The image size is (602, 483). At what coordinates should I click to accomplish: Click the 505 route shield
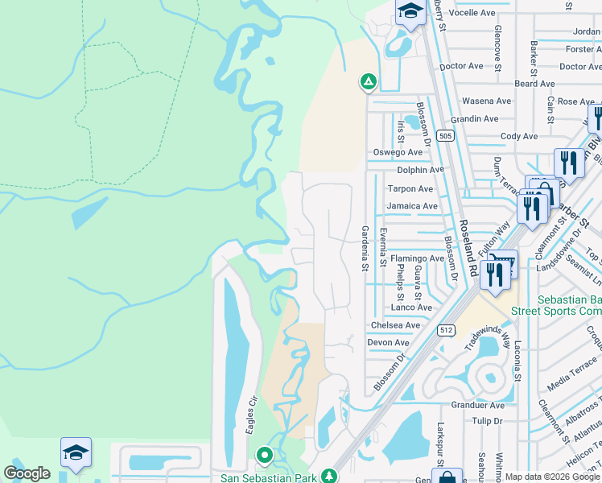pos(445,136)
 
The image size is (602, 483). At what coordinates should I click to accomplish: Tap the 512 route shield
pos(447,330)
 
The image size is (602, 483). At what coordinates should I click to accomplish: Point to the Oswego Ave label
pos(397,152)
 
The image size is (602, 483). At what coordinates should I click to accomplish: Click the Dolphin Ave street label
pos(420,170)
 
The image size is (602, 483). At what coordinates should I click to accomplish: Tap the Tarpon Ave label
pos(410,189)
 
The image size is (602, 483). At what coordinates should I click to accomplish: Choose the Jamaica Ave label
pos(411,206)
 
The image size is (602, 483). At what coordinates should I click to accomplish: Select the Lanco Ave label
pos(411,308)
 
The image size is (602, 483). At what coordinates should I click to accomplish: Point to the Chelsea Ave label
pos(395,325)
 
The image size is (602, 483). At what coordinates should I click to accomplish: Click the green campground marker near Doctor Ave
pos(368,81)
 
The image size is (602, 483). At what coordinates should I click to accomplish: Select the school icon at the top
pos(410,12)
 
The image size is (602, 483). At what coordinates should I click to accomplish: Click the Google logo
pos(27,473)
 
